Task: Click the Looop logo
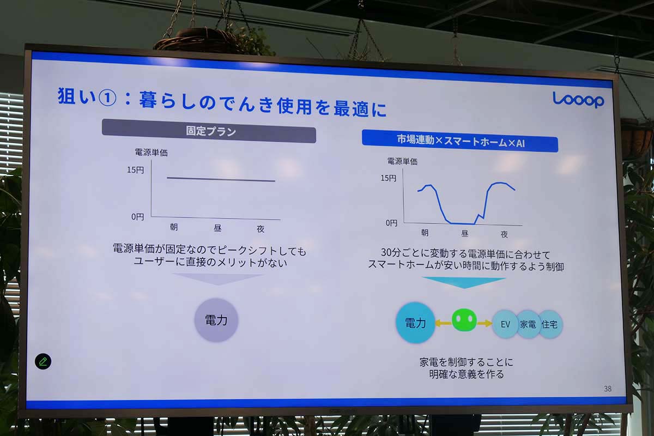578,99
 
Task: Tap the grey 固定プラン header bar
209,132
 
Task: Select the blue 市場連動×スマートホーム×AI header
460,141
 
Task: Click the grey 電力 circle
216,320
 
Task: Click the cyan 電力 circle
415,323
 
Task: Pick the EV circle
505,324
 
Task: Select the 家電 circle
528,324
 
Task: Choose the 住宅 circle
549,324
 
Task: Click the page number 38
608,389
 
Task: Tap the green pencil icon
43,361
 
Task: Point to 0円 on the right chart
391,222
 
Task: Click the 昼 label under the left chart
217,228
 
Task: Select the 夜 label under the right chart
504,234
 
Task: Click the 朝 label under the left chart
173,227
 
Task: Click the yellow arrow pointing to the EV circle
484,323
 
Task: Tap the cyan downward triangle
463,282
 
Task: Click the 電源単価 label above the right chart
402,161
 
